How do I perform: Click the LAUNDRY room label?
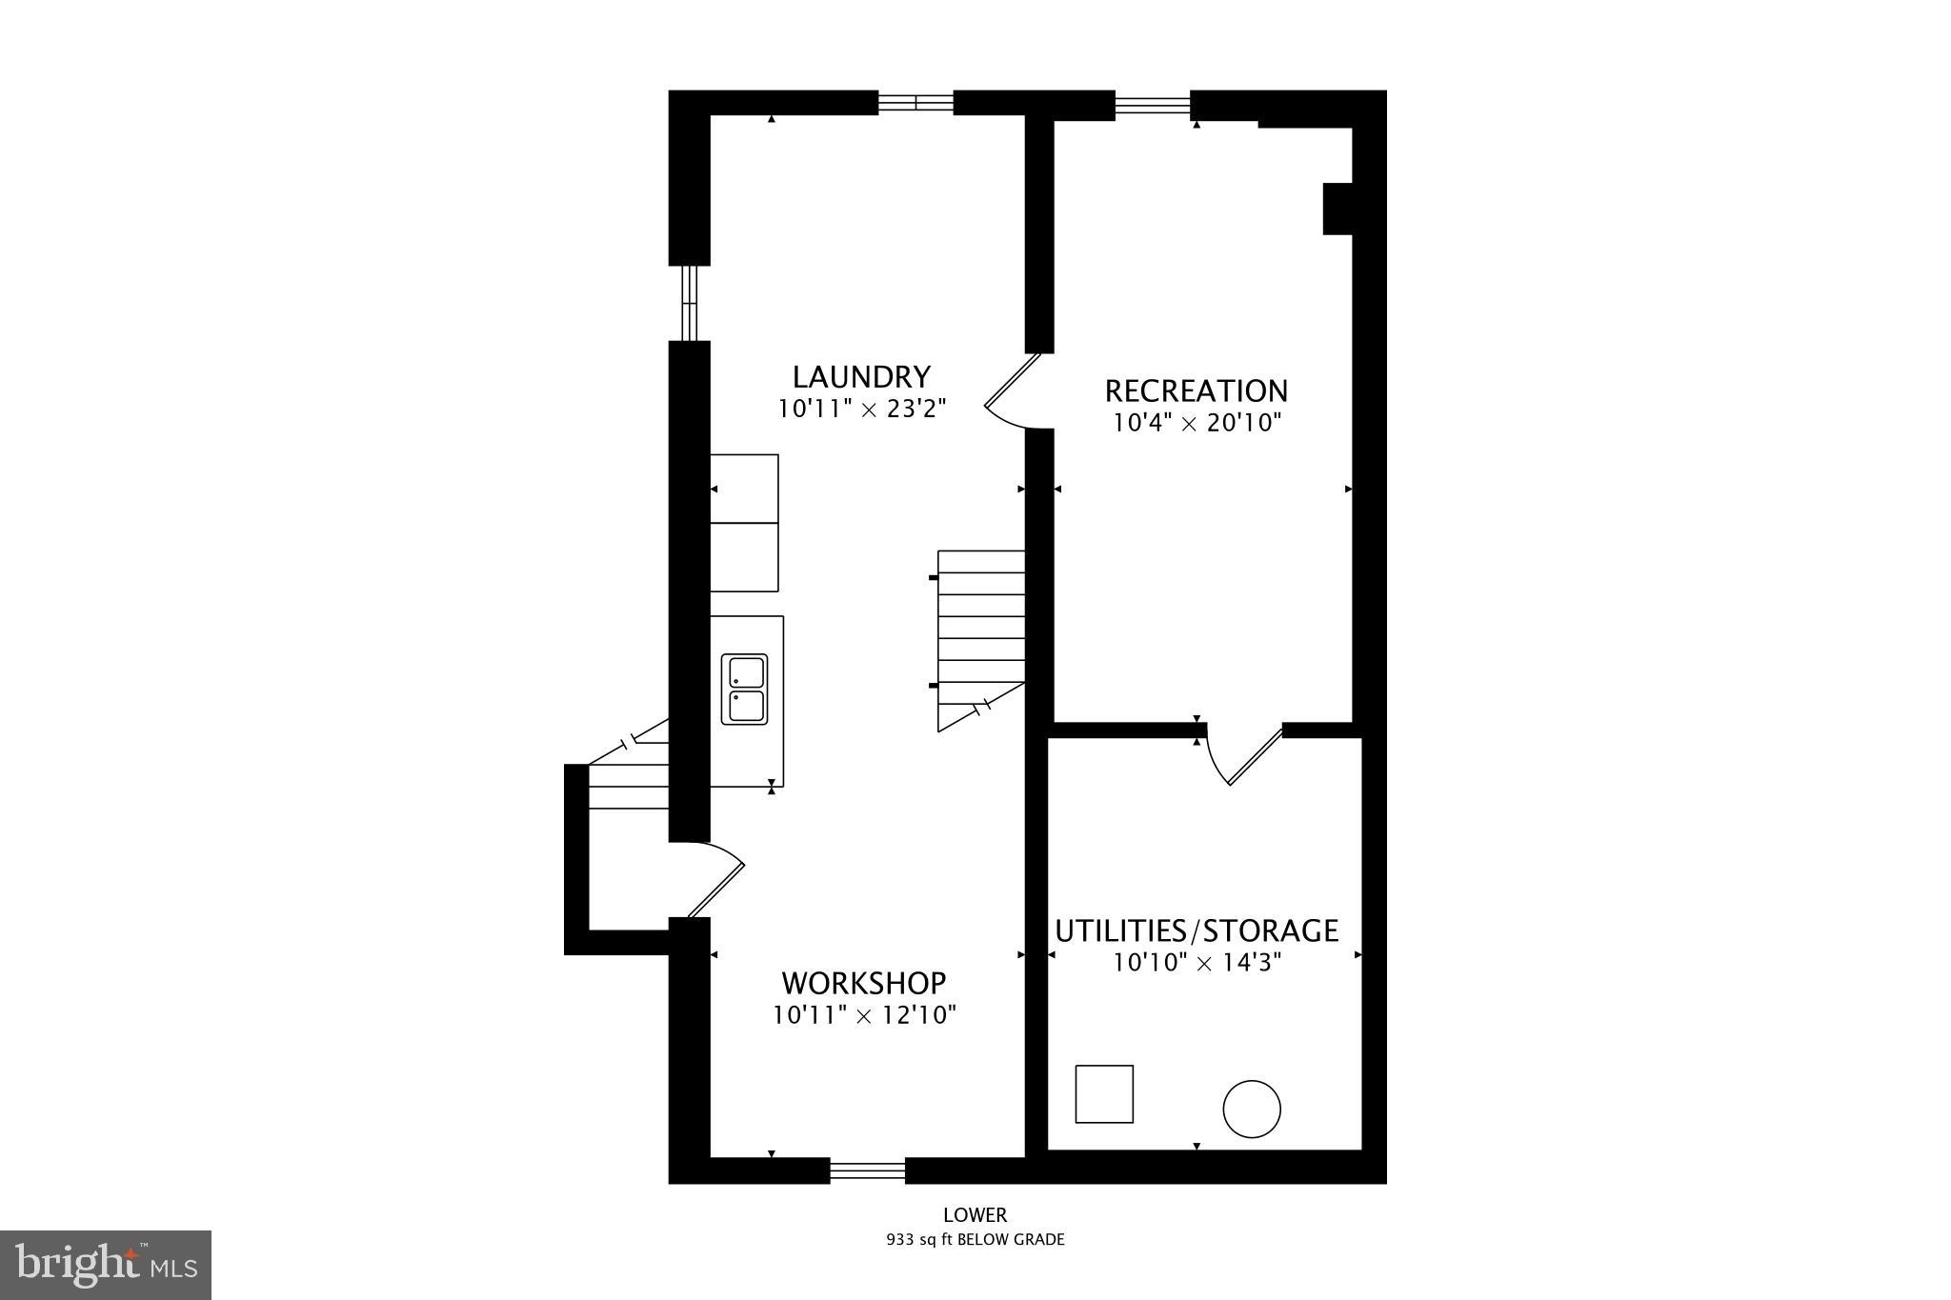click(x=861, y=377)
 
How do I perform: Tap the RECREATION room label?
click(x=1196, y=391)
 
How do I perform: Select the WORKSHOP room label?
click(x=863, y=983)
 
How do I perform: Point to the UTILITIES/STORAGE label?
click(x=1197, y=930)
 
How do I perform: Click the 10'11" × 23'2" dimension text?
click(x=861, y=410)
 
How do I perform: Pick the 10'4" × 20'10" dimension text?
click(x=1197, y=423)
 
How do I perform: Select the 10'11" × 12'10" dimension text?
click(x=863, y=1015)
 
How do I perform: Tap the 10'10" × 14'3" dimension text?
click(x=1197, y=963)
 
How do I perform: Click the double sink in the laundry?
click(x=744, y=690)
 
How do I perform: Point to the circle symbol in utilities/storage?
click(x=1251, y=1109)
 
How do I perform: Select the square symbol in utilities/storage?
click(x=1104, y=1094)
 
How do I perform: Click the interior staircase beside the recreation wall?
click(x=981, y=638)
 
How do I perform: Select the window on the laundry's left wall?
click(x=690, y=302)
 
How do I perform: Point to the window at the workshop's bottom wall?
click(x=867, y=1170)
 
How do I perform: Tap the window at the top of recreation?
click(x=1153, y=104)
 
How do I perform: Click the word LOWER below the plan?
click(x=975, y=1215)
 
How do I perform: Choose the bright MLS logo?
click(x=106, y=1265)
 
